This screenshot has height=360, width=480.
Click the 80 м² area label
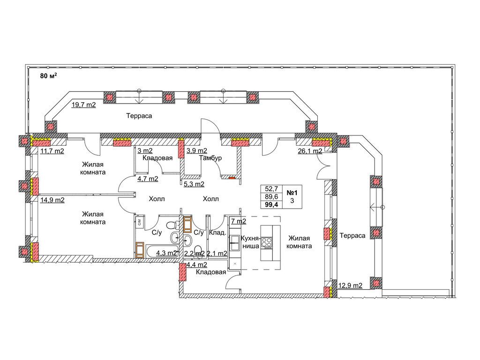coord(49,75)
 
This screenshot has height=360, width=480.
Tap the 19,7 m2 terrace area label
coord(83,105)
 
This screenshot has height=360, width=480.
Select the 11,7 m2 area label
coord(52,150)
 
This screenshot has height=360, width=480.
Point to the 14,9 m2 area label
coord(52,200)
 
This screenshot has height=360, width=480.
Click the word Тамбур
coord(210,158)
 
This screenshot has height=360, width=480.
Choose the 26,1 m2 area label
coord(310,150)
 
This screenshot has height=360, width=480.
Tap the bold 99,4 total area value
coord(271,205)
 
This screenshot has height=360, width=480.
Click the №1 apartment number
coord(292,193)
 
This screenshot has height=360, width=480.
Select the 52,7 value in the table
coord(271,189)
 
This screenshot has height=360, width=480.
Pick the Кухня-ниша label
coord(250,242)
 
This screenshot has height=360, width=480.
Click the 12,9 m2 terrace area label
coord(350,285)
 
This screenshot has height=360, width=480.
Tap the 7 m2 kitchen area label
coord(239,221)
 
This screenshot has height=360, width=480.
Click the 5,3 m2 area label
coord(194,184)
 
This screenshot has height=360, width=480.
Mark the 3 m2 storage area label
coord(145,150)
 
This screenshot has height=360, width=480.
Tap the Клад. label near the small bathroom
coord(217,232)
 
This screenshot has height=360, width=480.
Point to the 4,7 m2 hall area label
coord(148,179)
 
